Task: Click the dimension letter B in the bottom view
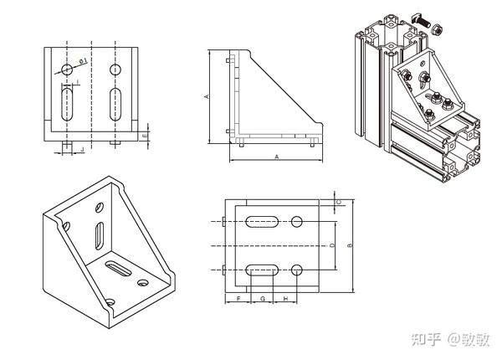[x=350, y=245]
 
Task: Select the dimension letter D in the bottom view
[x=332, y=245]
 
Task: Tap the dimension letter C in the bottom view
[x=338, y=202]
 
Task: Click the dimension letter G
[x=263, y=298]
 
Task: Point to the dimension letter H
[x=286, y=298]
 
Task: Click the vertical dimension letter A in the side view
[x=207, y=97]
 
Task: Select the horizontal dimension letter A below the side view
[x=277, y=157]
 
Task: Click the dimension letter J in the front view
[x=81, y=148]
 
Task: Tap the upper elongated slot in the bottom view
[x=264, y=222]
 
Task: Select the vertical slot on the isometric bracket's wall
[x=100, y=234]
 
